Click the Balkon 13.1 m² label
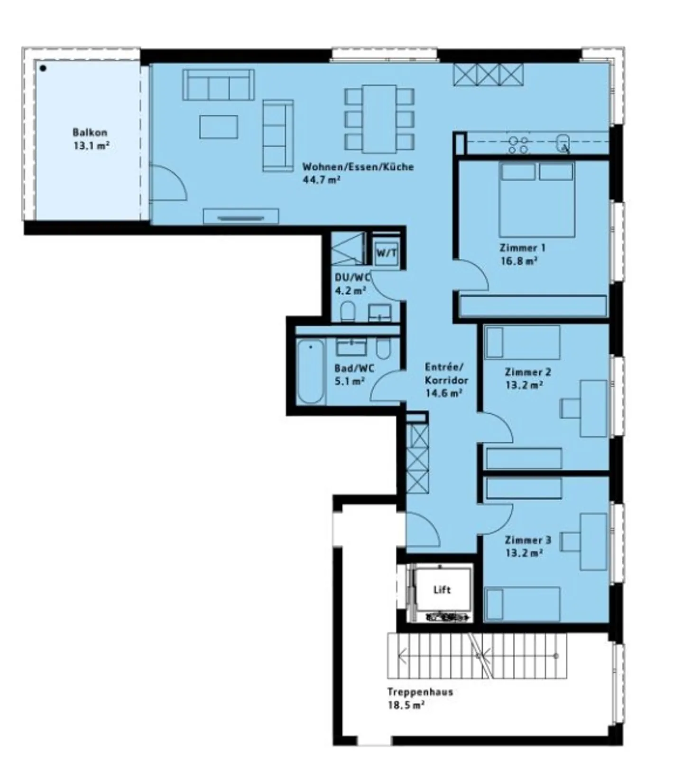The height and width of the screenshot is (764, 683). click(x=91, y=139)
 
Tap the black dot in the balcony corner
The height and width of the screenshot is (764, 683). click(x=43, y=68)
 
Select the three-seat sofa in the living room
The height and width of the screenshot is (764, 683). click(x=218, y=85)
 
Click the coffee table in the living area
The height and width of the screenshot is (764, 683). click(x=219, y=127)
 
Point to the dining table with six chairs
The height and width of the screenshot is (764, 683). click(x=379, y=119)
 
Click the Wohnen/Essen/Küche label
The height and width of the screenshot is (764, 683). click(x=358, y=173)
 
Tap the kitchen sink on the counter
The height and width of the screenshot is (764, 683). click(x=563, y=142)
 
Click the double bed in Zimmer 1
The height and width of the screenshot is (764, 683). click(x=537, y=199)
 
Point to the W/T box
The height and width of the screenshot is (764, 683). click(x=386, y=253)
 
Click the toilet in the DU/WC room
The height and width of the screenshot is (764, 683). click(x=348, y=311)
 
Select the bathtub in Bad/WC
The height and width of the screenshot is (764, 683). click(x=310, y=372)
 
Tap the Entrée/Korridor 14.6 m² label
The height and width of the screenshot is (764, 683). click(x=445, y=380)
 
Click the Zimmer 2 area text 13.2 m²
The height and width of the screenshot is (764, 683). click(x=524, y=385)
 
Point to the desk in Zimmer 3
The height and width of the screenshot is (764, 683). click(x=593, y=541)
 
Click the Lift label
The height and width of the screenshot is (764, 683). click(x=442, y=590)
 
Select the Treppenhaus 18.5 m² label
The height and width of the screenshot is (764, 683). click(x=419, y=698)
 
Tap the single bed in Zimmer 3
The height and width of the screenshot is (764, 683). click(x=522, y=604)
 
